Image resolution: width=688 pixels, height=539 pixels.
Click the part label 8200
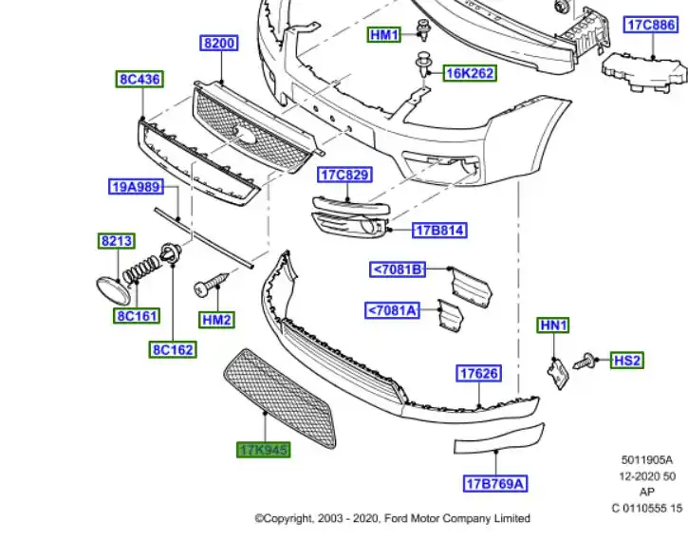tap(219, 43)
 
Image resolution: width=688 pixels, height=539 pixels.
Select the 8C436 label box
tap(139, 80)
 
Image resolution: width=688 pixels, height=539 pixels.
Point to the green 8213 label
tap(116, 242)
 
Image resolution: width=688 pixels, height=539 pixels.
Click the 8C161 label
tap(138, 315)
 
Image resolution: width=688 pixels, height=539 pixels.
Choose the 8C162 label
tap(173, 349)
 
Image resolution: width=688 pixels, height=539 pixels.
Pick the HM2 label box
tap(216, 320)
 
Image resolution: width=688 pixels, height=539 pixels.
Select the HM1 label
tap(385, 35)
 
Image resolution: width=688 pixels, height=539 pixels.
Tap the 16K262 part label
tap(470, 73)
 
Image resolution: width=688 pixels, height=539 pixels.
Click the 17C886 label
tap(650, 26)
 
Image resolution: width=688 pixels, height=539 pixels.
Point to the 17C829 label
tap(344, 175)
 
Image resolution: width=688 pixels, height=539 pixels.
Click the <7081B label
tap(398, 269)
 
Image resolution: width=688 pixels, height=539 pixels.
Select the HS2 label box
tap(627, 360)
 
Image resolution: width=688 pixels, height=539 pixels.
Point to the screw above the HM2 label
tap(211, 284)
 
